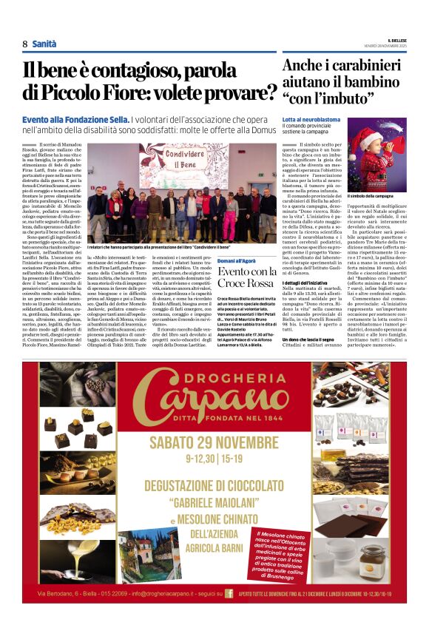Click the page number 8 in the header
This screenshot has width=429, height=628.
[25, 44]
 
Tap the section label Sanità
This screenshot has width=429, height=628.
[44, 44]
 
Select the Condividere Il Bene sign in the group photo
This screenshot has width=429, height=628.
[172, 157]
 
